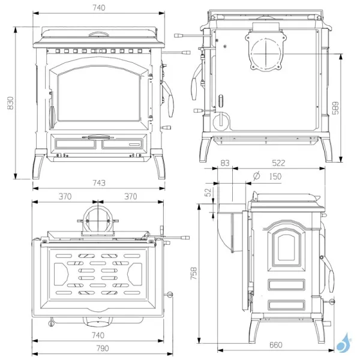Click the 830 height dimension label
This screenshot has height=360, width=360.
coord(11,103)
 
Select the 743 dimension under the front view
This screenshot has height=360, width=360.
coord(99,183)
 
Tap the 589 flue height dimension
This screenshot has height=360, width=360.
coord(335,109)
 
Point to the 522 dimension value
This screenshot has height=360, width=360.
coord(278,163)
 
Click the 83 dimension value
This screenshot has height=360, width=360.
coord(225,163)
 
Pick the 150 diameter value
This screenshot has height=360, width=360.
coord(275,176)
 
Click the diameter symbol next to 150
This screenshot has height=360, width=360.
coord(256,176)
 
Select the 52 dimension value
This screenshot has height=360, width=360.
coord(208,193)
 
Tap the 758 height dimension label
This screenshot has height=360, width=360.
coord(194,273)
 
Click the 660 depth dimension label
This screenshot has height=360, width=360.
coord(275,345)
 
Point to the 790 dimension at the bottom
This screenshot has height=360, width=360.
coord(103,348)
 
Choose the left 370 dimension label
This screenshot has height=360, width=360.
coord(65,197)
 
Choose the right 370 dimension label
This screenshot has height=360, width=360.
coord(131,197)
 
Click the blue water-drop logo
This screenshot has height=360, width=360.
coord(344,343)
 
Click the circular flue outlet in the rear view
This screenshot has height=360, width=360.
coord(266,53)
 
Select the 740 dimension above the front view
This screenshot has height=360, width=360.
coord(99,8)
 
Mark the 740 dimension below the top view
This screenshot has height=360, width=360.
coord(98,335)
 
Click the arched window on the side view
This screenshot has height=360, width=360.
coord(286,247)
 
